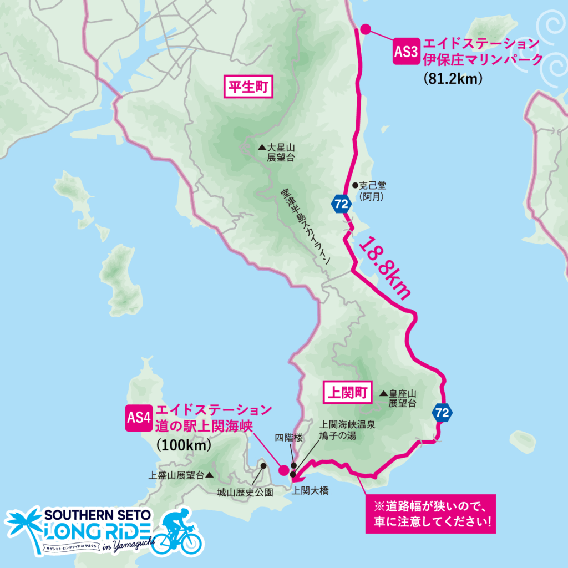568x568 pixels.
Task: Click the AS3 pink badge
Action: (x=405, y=52)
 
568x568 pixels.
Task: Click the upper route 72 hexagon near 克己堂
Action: (x=341, y=204)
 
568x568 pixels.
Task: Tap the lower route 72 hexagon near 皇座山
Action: (x=442, y=412)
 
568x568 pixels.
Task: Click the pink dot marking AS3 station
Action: (x=365, y=29)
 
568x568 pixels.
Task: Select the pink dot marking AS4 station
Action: (x=283, y=470)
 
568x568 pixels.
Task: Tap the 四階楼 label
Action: (x=290, y=438)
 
